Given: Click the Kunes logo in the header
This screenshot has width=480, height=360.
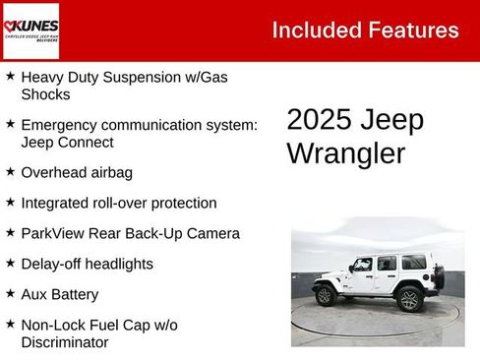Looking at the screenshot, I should pos(30,30).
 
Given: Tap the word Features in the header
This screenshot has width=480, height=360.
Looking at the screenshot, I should pos(413,30).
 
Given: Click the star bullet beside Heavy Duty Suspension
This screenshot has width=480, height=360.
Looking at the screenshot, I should pos(10,76).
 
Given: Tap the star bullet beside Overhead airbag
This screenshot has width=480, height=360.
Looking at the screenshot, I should pos(10,171).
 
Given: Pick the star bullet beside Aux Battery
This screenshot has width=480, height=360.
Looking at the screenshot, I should pos(10,293).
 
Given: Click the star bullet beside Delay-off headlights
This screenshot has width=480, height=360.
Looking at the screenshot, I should pos(10,263).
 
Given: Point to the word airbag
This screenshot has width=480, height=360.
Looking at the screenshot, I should pos(109,172).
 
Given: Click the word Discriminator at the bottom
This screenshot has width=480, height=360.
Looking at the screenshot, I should pos(65,342).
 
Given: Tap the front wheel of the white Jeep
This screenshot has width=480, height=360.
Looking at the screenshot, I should pos(324,295).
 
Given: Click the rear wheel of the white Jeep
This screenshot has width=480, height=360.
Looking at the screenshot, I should pos(408,298).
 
